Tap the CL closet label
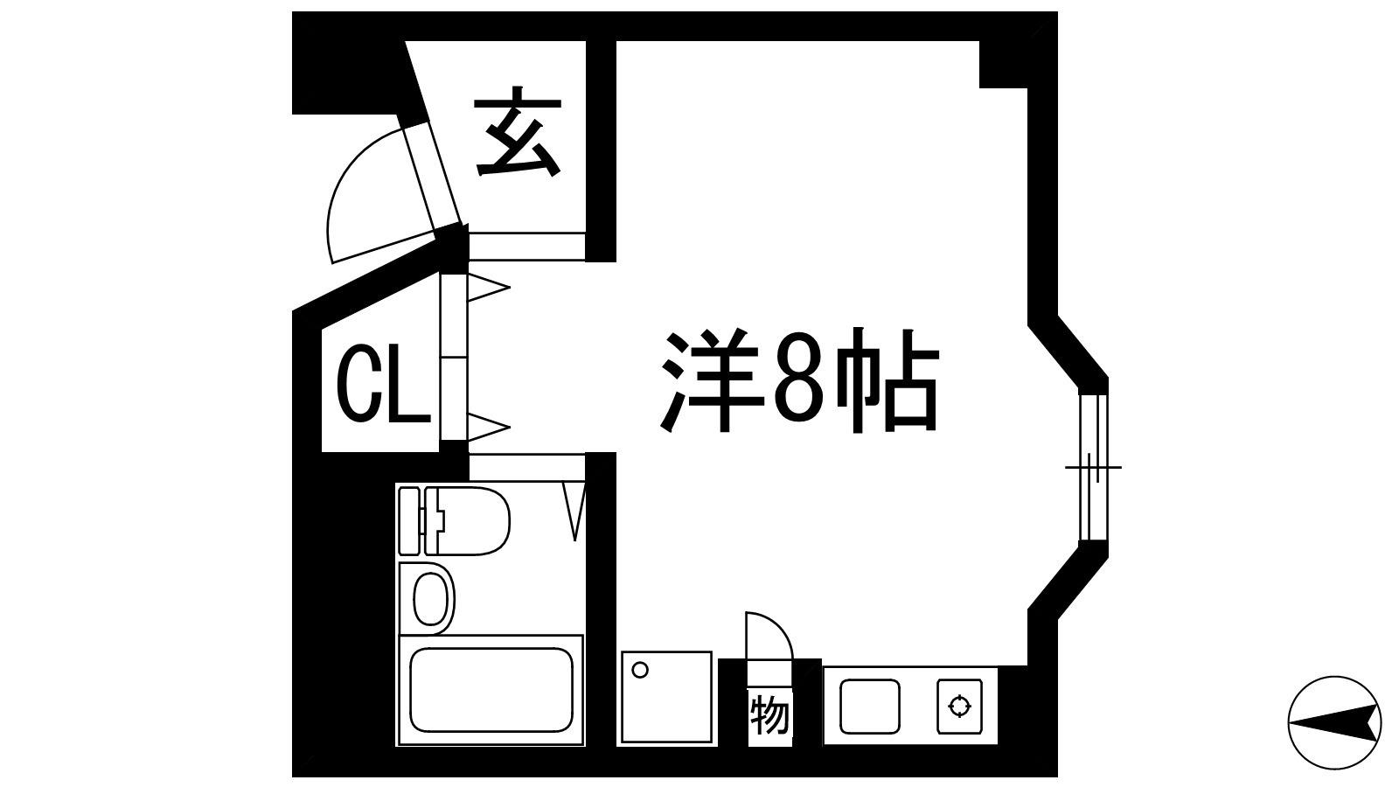click(x=383, y=387)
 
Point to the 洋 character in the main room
click(x=712, y=379)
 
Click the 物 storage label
click(x=770, y=716)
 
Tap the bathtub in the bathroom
click(x=491, y=690)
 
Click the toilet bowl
click(x=473, y=520)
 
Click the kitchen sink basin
click(x=870, y=707)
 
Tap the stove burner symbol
click(x=959, y=707)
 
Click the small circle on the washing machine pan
click(x=640, y=670)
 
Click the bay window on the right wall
click(x=1094, y=466)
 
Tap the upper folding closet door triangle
click(x=489, y=288)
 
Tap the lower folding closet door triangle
click(x=489, y=428)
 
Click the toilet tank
click(x=409, y=521)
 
